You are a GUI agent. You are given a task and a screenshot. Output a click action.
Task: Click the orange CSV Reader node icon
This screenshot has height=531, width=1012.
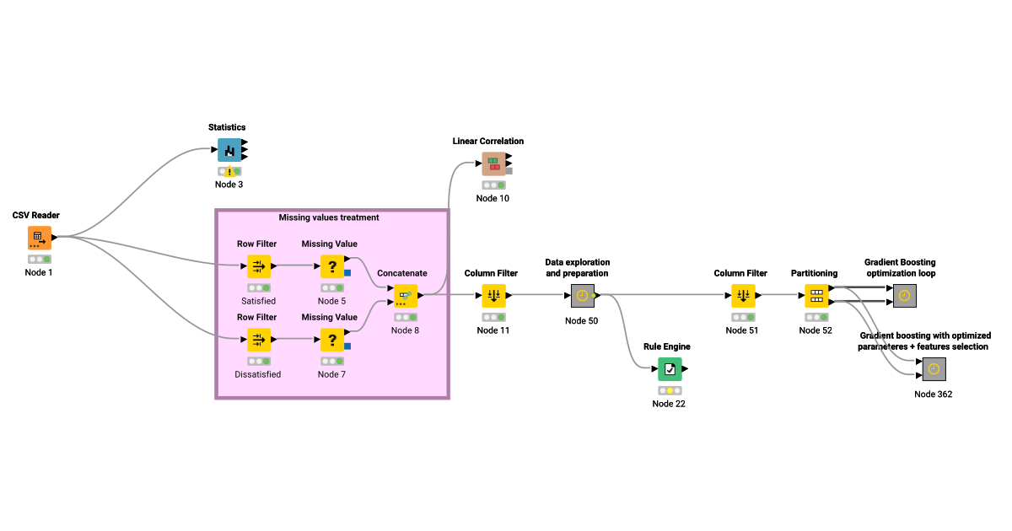point(40,238)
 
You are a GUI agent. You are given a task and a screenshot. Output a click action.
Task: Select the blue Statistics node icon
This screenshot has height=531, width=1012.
point(229,150)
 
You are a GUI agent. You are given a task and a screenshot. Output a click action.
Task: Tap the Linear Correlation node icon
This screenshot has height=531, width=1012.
point(493,164)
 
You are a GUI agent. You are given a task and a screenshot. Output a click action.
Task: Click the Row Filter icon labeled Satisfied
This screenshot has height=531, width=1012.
point(258,267)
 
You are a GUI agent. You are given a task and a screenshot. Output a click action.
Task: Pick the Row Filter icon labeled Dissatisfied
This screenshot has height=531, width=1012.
point(258,341)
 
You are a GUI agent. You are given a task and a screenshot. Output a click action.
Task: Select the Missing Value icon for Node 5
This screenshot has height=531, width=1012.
point(331,267)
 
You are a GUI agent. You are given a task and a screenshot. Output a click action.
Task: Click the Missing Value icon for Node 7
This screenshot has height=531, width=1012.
point(331,341)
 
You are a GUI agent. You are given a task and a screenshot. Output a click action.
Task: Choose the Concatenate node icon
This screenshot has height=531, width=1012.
point(405,296)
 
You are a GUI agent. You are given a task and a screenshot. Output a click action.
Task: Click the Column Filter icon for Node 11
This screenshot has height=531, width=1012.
point(493,296)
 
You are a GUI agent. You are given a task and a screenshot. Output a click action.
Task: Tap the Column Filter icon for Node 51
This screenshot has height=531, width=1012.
point(742,296)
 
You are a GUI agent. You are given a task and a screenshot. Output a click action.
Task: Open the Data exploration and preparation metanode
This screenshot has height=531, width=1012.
point(582,296)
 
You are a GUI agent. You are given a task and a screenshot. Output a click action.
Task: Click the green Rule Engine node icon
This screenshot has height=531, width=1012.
point(670,369)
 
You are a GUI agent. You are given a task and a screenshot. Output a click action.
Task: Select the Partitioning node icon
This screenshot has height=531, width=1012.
point(816,296)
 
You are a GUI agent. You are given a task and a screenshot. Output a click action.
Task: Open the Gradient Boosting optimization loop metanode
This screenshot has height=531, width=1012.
point(904,296)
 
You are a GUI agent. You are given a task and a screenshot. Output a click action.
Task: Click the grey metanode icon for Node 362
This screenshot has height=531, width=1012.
point(933,369)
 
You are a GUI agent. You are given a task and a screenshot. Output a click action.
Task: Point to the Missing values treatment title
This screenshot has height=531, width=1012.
point(329,217)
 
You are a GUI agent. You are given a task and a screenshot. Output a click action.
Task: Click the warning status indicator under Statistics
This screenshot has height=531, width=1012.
point(229,171)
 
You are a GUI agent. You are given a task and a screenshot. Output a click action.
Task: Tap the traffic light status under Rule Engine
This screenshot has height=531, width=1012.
point(670,390)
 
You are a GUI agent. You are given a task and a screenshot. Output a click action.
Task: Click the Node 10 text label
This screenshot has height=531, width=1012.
point(493,198)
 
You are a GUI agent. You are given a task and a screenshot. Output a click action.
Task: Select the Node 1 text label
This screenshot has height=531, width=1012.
point(39,272)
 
